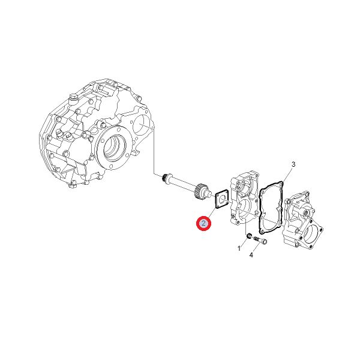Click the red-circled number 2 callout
(x=203, y=223)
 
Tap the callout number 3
(x=293, y=164)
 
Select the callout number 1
(x=239, y=248)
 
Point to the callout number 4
(x=251, y=255)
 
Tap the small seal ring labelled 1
(x=248, y=236)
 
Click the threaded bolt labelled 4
(x=260, y=241)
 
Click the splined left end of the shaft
(x=164, y=178)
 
